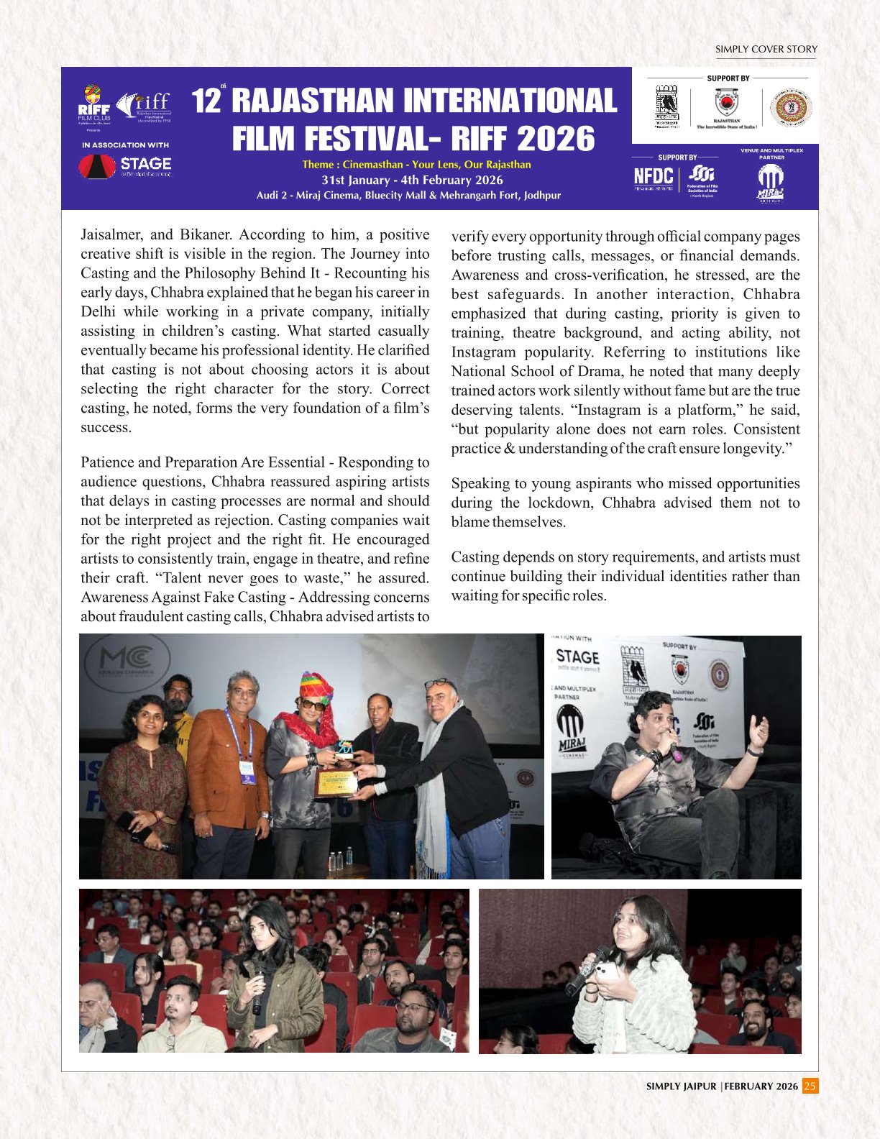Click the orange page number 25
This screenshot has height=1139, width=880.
tap(810, 1086)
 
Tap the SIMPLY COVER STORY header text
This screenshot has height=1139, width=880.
tap(766, 50)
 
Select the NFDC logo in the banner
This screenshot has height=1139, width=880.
tap(653, 177)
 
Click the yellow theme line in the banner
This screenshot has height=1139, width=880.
tap(416, 165)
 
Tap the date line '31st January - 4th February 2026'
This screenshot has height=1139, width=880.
tap(412, 180)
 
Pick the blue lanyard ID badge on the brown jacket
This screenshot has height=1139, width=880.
tap(247, 772)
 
